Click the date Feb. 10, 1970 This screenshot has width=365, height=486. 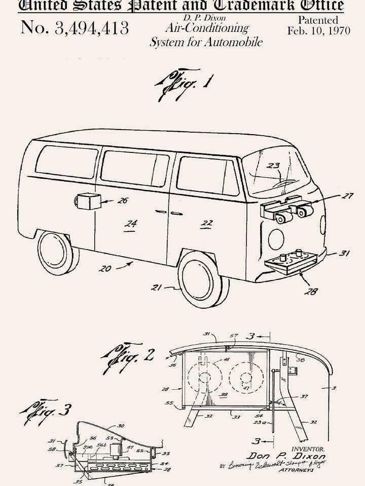[318, 30]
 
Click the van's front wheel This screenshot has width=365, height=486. [201, 279]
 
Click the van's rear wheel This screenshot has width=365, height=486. [56, 253]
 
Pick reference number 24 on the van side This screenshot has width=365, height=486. [131, 223]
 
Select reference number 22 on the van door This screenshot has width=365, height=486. [206, 223]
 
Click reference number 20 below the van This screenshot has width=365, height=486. [104, 269]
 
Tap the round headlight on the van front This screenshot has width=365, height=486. [276, 239]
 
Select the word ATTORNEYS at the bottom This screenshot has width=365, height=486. [296, 470]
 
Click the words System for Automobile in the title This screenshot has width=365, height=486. [206, 42]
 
